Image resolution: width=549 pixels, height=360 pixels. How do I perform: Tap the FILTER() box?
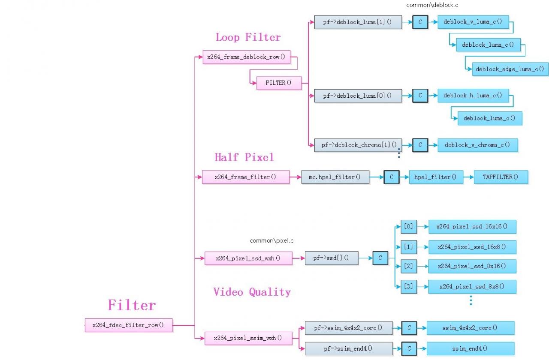(x=279, y=83)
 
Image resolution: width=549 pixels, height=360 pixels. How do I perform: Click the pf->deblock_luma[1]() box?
(x=358, y=22)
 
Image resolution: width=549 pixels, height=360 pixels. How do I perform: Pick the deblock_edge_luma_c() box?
(x=510, y=69)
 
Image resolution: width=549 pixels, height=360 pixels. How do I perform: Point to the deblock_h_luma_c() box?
(x=473, y=96)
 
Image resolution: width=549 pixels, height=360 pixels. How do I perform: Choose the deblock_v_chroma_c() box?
(x=477, y=145)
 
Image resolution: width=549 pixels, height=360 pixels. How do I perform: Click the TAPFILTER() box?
(x=501, y=177)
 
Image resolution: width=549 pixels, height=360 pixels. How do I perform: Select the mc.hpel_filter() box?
(x=335, y=177)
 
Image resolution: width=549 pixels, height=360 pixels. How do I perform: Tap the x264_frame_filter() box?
(x=246, y=177)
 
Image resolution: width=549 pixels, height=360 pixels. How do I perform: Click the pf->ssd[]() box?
(x=331, y=258)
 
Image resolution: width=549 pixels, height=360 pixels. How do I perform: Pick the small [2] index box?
(x=408, y=266)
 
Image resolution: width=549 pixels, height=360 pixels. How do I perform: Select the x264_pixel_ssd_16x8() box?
(x=472, y=247)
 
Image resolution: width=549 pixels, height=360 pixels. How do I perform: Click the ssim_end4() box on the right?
(x=470, y=348)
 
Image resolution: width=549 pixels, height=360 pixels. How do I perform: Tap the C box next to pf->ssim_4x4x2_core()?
(x=409, y=328)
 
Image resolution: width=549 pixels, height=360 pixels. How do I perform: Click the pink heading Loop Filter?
(x=248, y=37)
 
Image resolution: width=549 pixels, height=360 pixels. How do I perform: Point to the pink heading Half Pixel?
(x=244, y=157)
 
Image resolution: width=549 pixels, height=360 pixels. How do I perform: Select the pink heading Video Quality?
(x=252, y=292)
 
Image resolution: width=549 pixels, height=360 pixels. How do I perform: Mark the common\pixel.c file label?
(x=271, y=241)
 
